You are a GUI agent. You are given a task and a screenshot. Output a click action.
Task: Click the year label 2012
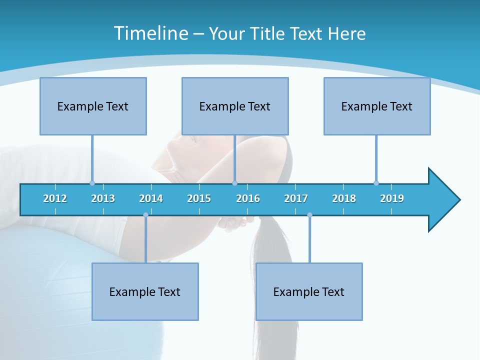[x=55, y=198]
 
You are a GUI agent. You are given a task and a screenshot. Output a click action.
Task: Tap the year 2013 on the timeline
[x=103, y=198]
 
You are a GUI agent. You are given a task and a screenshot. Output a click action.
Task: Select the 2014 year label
[x=151, y=198]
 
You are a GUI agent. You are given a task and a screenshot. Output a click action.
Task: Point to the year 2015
[x=199, y=198]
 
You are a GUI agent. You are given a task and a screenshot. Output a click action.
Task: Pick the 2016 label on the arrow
[x=248, y=198]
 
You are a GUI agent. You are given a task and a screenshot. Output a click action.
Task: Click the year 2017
[x=296, y=198]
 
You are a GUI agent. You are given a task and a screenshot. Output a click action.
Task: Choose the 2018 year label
[x=344, y=198]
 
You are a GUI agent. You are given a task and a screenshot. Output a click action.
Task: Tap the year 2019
[x=392, y=198]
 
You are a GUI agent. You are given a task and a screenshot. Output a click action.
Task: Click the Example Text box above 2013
[x=93, y=106]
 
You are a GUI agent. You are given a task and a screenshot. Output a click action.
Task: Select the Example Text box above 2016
[x=235, y=106]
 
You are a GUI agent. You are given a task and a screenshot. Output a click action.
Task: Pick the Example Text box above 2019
[x=377, y=106]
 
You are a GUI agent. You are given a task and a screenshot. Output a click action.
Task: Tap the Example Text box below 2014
[x=145, y=291]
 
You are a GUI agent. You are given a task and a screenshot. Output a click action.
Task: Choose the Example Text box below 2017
[x=309, y=291]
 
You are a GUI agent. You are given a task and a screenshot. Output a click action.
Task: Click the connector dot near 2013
[x=92, y=183]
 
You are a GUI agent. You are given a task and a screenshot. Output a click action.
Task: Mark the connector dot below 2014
[x=145, y=215]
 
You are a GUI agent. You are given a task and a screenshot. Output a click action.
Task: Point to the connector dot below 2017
[x=309, y=215]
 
